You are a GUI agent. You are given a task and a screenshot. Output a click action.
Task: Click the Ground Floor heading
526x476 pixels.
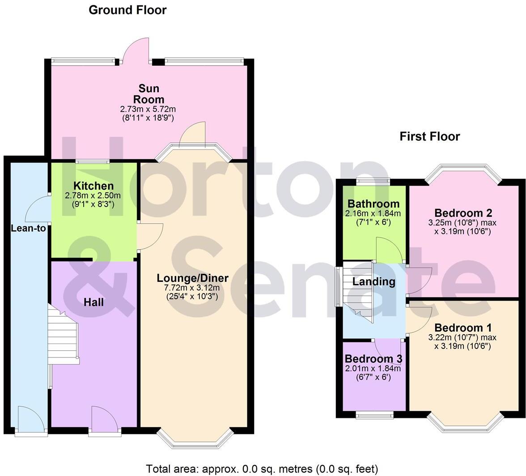(x=127, y=10)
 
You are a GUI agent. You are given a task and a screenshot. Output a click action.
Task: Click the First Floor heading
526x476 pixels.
(x=429, y=136)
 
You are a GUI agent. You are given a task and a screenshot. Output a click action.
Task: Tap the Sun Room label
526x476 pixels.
(x=148, y=94)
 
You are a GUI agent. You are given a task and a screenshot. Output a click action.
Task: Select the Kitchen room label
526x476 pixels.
(x=93, y=186)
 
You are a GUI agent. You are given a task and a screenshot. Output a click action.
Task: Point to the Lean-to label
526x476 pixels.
(x=28, y=228)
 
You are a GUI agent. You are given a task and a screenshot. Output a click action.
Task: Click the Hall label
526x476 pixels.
(x=94, y=302)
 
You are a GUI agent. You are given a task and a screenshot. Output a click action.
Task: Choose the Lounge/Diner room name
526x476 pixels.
(x=192, y=278)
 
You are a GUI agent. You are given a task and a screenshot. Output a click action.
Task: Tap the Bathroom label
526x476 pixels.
(x=373, y=204)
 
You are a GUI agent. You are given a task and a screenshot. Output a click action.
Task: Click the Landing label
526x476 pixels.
(x=374, y=281)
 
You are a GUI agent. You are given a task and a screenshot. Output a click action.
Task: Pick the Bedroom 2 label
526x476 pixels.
(x=462, y=212)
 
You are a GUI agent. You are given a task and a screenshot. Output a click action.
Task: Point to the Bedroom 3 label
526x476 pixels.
(x=373, y=359)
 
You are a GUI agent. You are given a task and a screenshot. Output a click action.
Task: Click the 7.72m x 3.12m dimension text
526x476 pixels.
(x=192, y=288)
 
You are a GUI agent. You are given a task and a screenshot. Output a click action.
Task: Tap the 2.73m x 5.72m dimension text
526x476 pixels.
(x=148, y=109)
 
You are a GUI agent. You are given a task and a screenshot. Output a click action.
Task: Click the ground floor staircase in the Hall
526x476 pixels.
(x=64, y=336)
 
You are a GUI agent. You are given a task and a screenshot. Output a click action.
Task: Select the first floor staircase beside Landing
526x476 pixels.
(x=358, y=291)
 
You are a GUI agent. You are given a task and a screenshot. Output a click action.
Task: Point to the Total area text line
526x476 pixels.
(x=262, y=469)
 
